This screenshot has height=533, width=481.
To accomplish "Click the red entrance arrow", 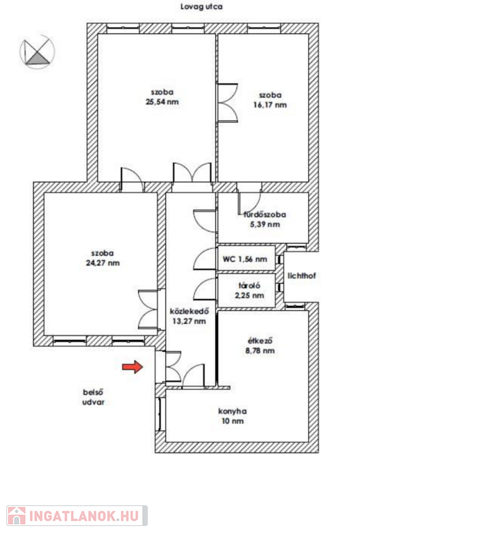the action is pyautogui.click(x=133, y=366).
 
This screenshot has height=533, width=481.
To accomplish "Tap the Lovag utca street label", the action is pyautogui.click(x=201, y=6).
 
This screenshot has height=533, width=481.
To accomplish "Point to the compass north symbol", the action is pyautogui.click(x=37, y=51).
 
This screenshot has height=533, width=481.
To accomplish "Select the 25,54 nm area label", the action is pyautogui.click(x=162, y=101).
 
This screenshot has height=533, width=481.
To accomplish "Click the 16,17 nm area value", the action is pyautogui.click(x=270, y=105).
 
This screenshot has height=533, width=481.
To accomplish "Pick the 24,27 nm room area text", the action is pyautogui.click(x=103, y=263).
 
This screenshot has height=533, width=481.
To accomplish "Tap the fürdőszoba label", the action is pyautogui.click(x=265, y=214).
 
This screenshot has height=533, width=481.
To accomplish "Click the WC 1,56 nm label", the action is pyautogui.click(x=245, y=259).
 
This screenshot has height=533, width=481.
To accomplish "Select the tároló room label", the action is pyautogui.click(x=249, y=285).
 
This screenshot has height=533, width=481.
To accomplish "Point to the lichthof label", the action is pyautogui.click(x=302, y=276).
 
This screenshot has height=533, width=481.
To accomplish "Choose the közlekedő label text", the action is pyautogui.click(x=189, y=312).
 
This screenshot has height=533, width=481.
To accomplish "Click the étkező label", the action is pyautogui.click(x=260, y=341).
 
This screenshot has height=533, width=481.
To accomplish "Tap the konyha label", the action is pyautogui.click(x=233, y=411).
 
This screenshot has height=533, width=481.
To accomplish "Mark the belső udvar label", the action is pyautogui.click(x=94, y=397).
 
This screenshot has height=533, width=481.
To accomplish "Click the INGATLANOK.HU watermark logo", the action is pyautogui.click(x=77, y=516).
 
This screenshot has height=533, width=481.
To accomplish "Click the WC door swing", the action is pyautogui.click(x=205, y=259).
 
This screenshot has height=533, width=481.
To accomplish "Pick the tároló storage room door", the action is pyautogui.click(x=205, y=289).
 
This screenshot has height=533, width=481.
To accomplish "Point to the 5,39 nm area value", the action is pyautogui.click(x=265, y=224).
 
